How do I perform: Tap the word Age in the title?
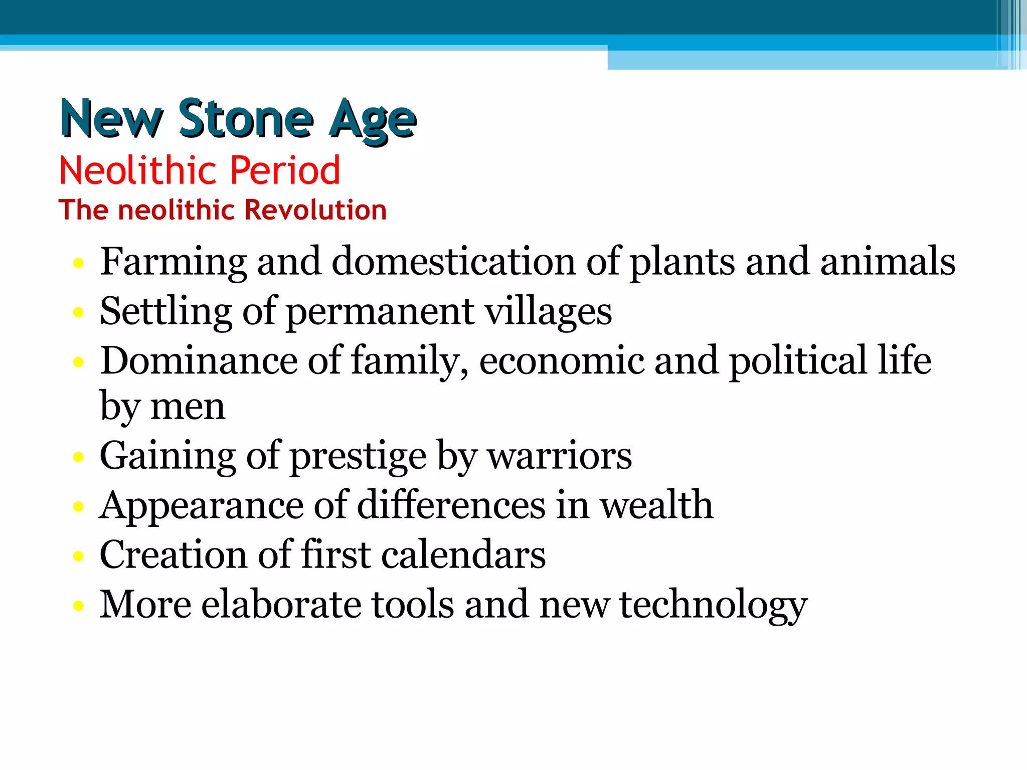coord(372,120)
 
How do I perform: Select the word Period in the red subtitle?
coord(285,170)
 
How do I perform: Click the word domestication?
coord(453,262)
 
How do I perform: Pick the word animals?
coord(888,262)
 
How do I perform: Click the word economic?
coord(561,360)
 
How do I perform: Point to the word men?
coord(188,407)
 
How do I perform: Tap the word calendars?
coord(463,555)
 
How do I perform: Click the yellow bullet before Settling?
coord(78,313)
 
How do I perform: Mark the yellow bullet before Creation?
coord(78,556)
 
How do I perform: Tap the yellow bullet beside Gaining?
coord(78,457)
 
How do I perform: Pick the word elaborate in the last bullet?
coord(281,605)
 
